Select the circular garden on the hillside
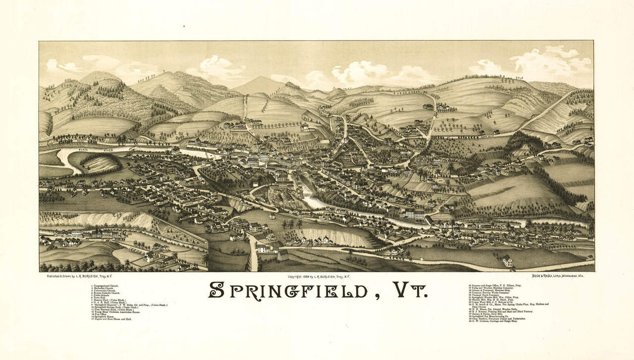(x=439, y=181)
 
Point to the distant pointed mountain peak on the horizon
(x=261, y=79)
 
